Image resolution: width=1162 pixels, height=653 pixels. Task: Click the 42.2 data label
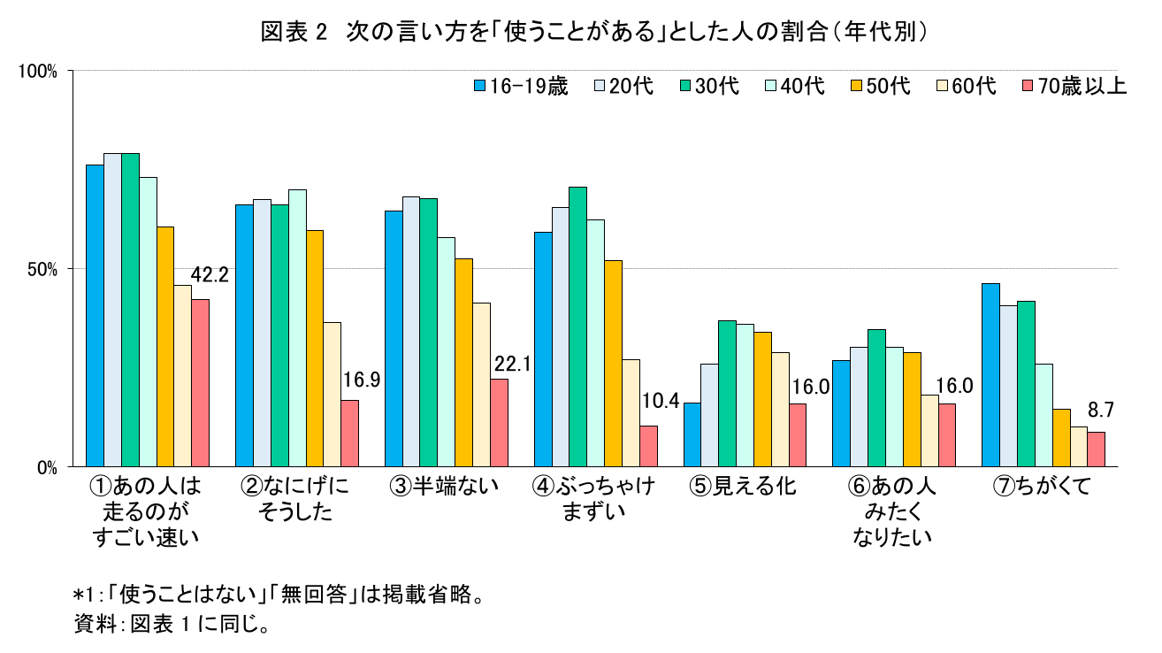[210, 275]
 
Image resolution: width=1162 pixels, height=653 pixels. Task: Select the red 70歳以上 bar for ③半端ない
[499, 422]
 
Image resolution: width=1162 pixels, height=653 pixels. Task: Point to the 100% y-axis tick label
[38, 71]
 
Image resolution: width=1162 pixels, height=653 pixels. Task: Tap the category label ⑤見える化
[743, 486]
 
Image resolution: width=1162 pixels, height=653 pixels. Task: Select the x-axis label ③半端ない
[443, 486]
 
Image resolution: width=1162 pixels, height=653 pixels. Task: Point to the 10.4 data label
[660, 402]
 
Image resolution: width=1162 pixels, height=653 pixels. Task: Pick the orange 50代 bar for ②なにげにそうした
[314, 348]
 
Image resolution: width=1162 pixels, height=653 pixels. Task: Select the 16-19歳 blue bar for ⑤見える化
[692, 434]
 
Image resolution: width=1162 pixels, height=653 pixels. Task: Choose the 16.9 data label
[361, 380]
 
